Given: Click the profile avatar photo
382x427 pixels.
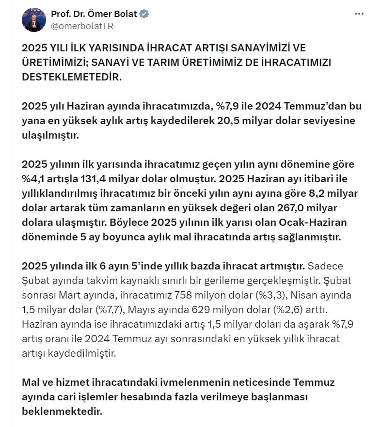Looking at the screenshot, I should (34, 20).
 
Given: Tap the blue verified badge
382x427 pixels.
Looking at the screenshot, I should (144, 14).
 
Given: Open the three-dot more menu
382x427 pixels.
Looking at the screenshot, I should (359, 14).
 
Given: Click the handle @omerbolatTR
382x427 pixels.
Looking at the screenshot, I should (82, 26).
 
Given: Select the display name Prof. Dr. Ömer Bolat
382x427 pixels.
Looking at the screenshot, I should (94, 14).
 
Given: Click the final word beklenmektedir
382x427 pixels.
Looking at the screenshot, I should (62, 411).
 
